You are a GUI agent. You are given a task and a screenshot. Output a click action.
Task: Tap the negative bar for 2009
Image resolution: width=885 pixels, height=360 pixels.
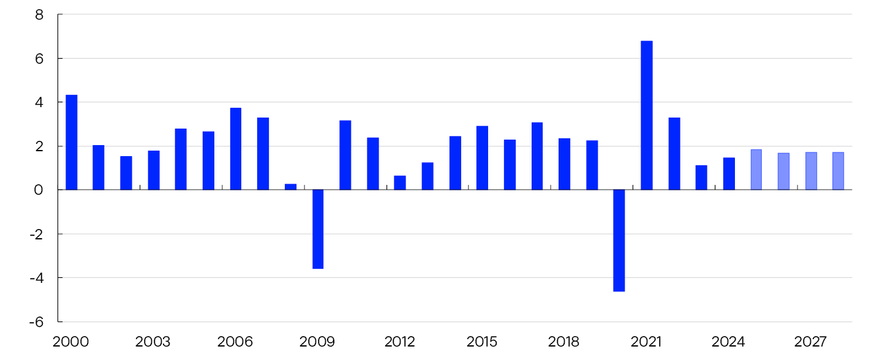(x=318, y=229)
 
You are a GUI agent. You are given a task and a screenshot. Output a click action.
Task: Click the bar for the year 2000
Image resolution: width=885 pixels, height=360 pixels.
(x=72, y=142)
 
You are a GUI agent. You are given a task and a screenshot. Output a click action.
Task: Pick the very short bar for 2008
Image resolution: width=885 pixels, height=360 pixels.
(x=290, y=187)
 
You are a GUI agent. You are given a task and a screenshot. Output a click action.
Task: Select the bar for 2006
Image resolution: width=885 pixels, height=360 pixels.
(x=236, y=149)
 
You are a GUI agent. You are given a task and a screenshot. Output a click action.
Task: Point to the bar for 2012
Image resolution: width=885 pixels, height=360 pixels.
(x=400, y=182)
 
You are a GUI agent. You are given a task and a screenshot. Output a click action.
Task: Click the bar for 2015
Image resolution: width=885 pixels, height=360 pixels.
(x=482, y=158)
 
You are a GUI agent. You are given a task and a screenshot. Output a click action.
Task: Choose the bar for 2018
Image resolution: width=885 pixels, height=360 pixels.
(x=564, y=164)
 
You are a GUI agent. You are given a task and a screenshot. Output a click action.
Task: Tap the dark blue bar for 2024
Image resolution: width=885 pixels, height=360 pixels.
(x=729, y=174)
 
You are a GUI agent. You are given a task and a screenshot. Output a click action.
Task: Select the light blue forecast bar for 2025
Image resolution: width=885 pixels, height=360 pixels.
(x=756, y=170)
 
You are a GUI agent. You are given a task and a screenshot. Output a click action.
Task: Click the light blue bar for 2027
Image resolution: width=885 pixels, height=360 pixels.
(x=811, y=171)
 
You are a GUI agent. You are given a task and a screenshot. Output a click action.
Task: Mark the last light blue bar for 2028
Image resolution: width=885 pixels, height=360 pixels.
(x=838, y=171)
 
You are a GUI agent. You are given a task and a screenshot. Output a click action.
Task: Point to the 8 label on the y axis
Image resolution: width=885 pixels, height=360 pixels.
(x=39, y=15)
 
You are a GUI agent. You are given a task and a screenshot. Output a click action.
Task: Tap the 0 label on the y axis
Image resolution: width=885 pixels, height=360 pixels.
(x=39, y=190)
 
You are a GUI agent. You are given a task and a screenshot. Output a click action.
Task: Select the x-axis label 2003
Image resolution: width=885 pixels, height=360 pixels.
(x=153, y=342)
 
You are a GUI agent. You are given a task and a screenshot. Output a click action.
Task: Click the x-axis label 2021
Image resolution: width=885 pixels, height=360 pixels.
(x=647, y=342)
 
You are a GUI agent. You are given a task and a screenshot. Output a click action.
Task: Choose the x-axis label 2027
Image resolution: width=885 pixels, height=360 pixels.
(x=811, y=342)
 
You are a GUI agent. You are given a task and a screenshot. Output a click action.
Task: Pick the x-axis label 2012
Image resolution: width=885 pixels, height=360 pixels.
(x=400, y=342)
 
